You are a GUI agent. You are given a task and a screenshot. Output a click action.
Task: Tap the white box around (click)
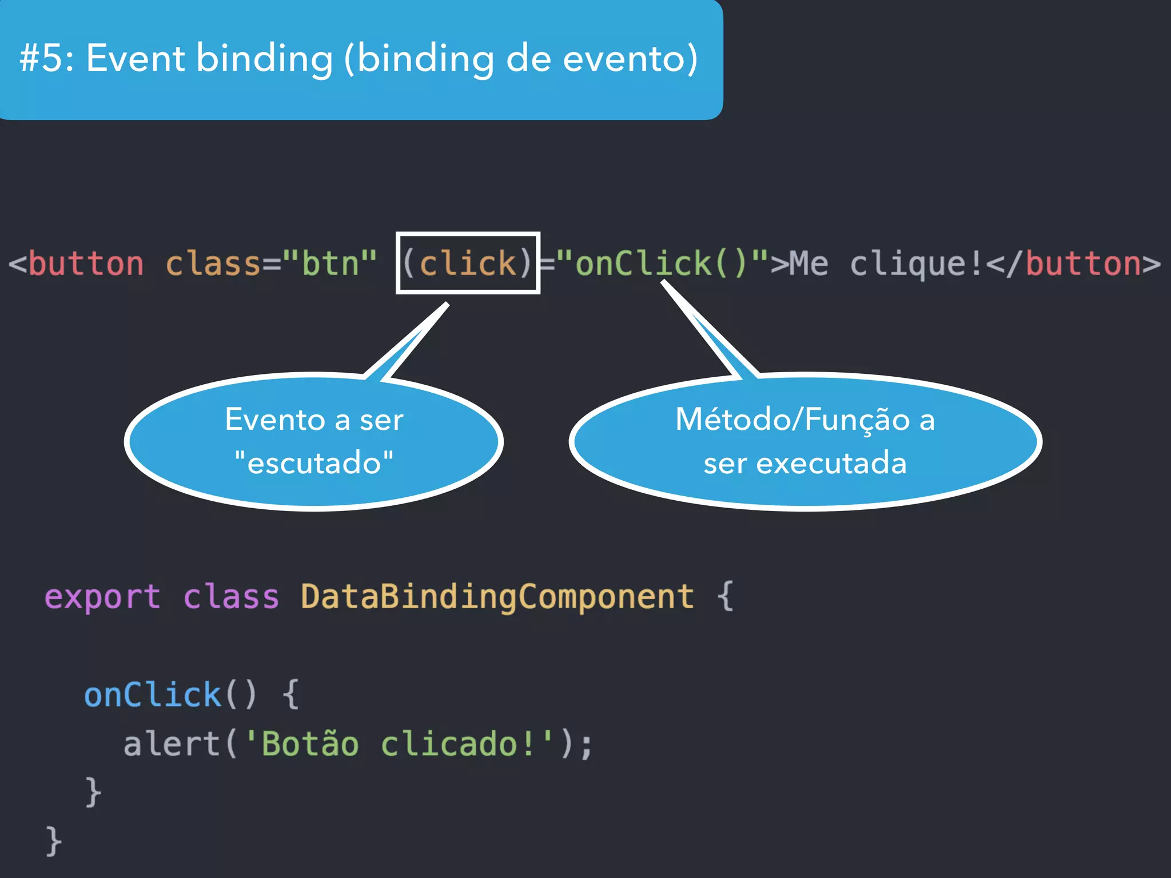[x=468, y=235]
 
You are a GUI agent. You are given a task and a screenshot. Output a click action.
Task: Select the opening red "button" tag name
[x=86, y=264]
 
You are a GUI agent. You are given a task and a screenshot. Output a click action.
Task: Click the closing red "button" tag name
[x=1084, y=264]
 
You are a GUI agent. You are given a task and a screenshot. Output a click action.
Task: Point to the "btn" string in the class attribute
[x=330, y=264]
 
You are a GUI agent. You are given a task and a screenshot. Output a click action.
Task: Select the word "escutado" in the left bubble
[x=314, y=462]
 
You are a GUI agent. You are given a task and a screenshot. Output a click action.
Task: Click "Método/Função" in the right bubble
[x=792, y=420]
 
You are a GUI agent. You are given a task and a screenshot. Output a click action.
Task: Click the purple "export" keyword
[x=102, y=597]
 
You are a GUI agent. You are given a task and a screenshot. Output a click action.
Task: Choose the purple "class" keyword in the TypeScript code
[x=231, y=597]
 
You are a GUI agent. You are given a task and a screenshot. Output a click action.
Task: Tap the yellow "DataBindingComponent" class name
[x=497, y=597]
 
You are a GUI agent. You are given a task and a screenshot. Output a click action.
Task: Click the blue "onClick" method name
[x=153, y=695]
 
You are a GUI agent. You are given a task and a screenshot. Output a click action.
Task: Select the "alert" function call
[x=172, y=744]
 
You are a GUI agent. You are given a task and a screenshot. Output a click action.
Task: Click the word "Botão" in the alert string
[x=310, y=744]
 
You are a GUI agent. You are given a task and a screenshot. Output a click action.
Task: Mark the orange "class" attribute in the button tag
[x=213, y=264]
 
